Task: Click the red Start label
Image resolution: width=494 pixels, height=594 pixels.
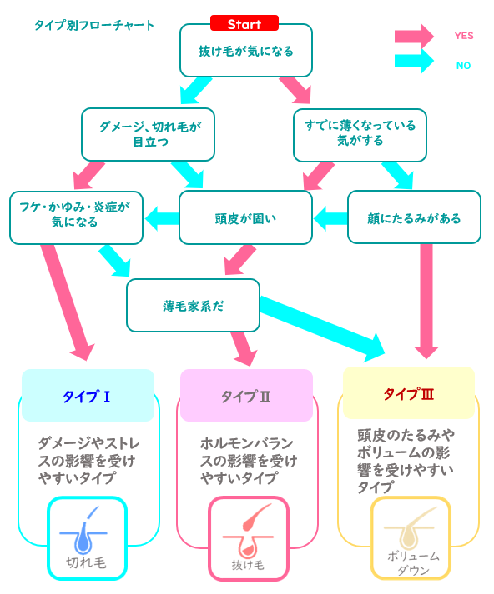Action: pos(244,23)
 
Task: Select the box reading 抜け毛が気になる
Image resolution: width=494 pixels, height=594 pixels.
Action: pos(246,50)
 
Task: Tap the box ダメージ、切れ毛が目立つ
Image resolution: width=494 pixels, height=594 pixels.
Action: pos(148,134)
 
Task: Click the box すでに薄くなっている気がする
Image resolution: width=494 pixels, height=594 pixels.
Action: pos(360,135)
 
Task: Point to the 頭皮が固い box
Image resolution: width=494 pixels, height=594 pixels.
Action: pos(245,217)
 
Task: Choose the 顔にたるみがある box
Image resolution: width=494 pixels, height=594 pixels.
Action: pos(414,217)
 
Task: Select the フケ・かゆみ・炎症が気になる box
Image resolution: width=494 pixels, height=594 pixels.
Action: pos(76,217)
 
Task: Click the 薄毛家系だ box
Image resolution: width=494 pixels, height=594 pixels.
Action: pos(193,306)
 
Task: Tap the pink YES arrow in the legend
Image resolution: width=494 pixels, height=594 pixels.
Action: pos(414,37)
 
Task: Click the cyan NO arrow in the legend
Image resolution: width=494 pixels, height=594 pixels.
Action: pos(414,61)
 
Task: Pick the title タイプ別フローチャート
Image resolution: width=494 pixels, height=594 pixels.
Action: pos(94,25)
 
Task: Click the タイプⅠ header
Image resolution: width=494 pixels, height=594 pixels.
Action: pos(88,396)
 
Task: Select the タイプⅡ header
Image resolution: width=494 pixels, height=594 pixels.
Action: pos(246,396)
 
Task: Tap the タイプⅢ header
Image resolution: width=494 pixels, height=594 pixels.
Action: pos(409,393)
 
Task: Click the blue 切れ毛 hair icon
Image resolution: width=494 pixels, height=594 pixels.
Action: pos(87,538)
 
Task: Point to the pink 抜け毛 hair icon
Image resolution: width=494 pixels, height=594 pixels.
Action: pos(249,539)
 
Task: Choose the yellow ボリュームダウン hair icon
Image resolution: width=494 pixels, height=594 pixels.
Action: pos(411,538)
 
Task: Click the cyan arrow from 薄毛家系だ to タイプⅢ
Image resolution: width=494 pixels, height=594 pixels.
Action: pos(322,327)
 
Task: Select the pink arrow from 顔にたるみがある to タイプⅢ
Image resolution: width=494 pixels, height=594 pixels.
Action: pos(426,302)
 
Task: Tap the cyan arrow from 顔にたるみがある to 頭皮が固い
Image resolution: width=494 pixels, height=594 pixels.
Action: pos(330,218)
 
